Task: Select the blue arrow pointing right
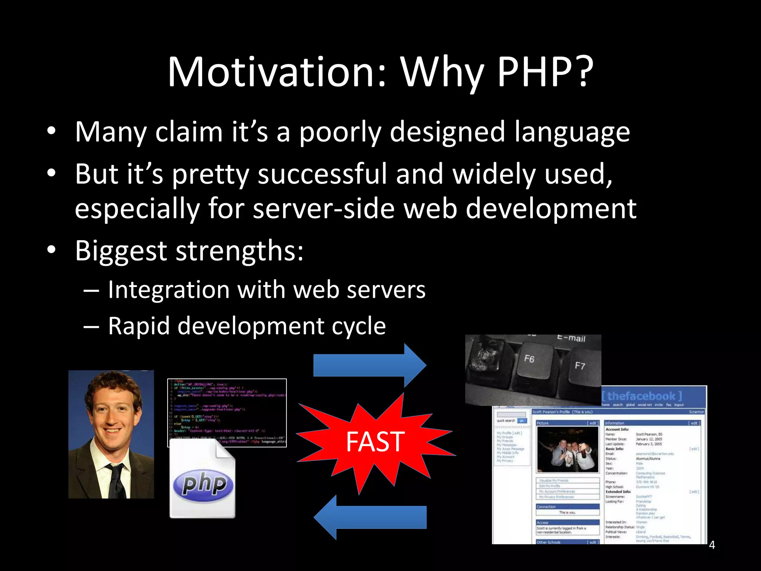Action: pyautogui.click(x=369, y=365)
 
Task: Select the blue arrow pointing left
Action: pyautogui.click(x=369, y=517)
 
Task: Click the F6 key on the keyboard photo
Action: pyautogui.click(x=529, y=359)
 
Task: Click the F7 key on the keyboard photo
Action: pyautogui.click(x=580, y=366)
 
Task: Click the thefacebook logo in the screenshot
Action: pyautogui.click(x=642, y=396)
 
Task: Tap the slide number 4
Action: pyautogui.click(x=712, y=545)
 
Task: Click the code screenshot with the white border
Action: pyautogui.click(x=227, y=413)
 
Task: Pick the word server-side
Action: pyautogui.click(x=323, y=209)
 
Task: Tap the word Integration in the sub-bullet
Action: pyautogui.click(x=168, y=290)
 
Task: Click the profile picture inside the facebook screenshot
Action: pyautogui.click(x=567, y=449)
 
